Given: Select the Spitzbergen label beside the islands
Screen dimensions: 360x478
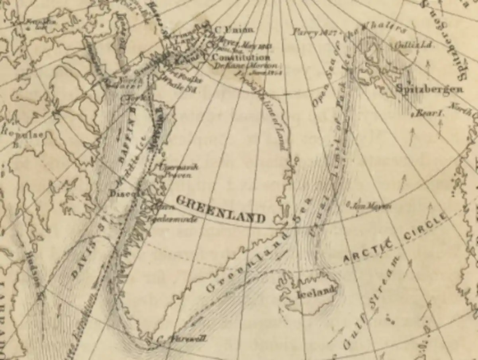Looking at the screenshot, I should pos(429,89).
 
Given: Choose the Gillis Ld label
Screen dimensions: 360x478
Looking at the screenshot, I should pos(408,45).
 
